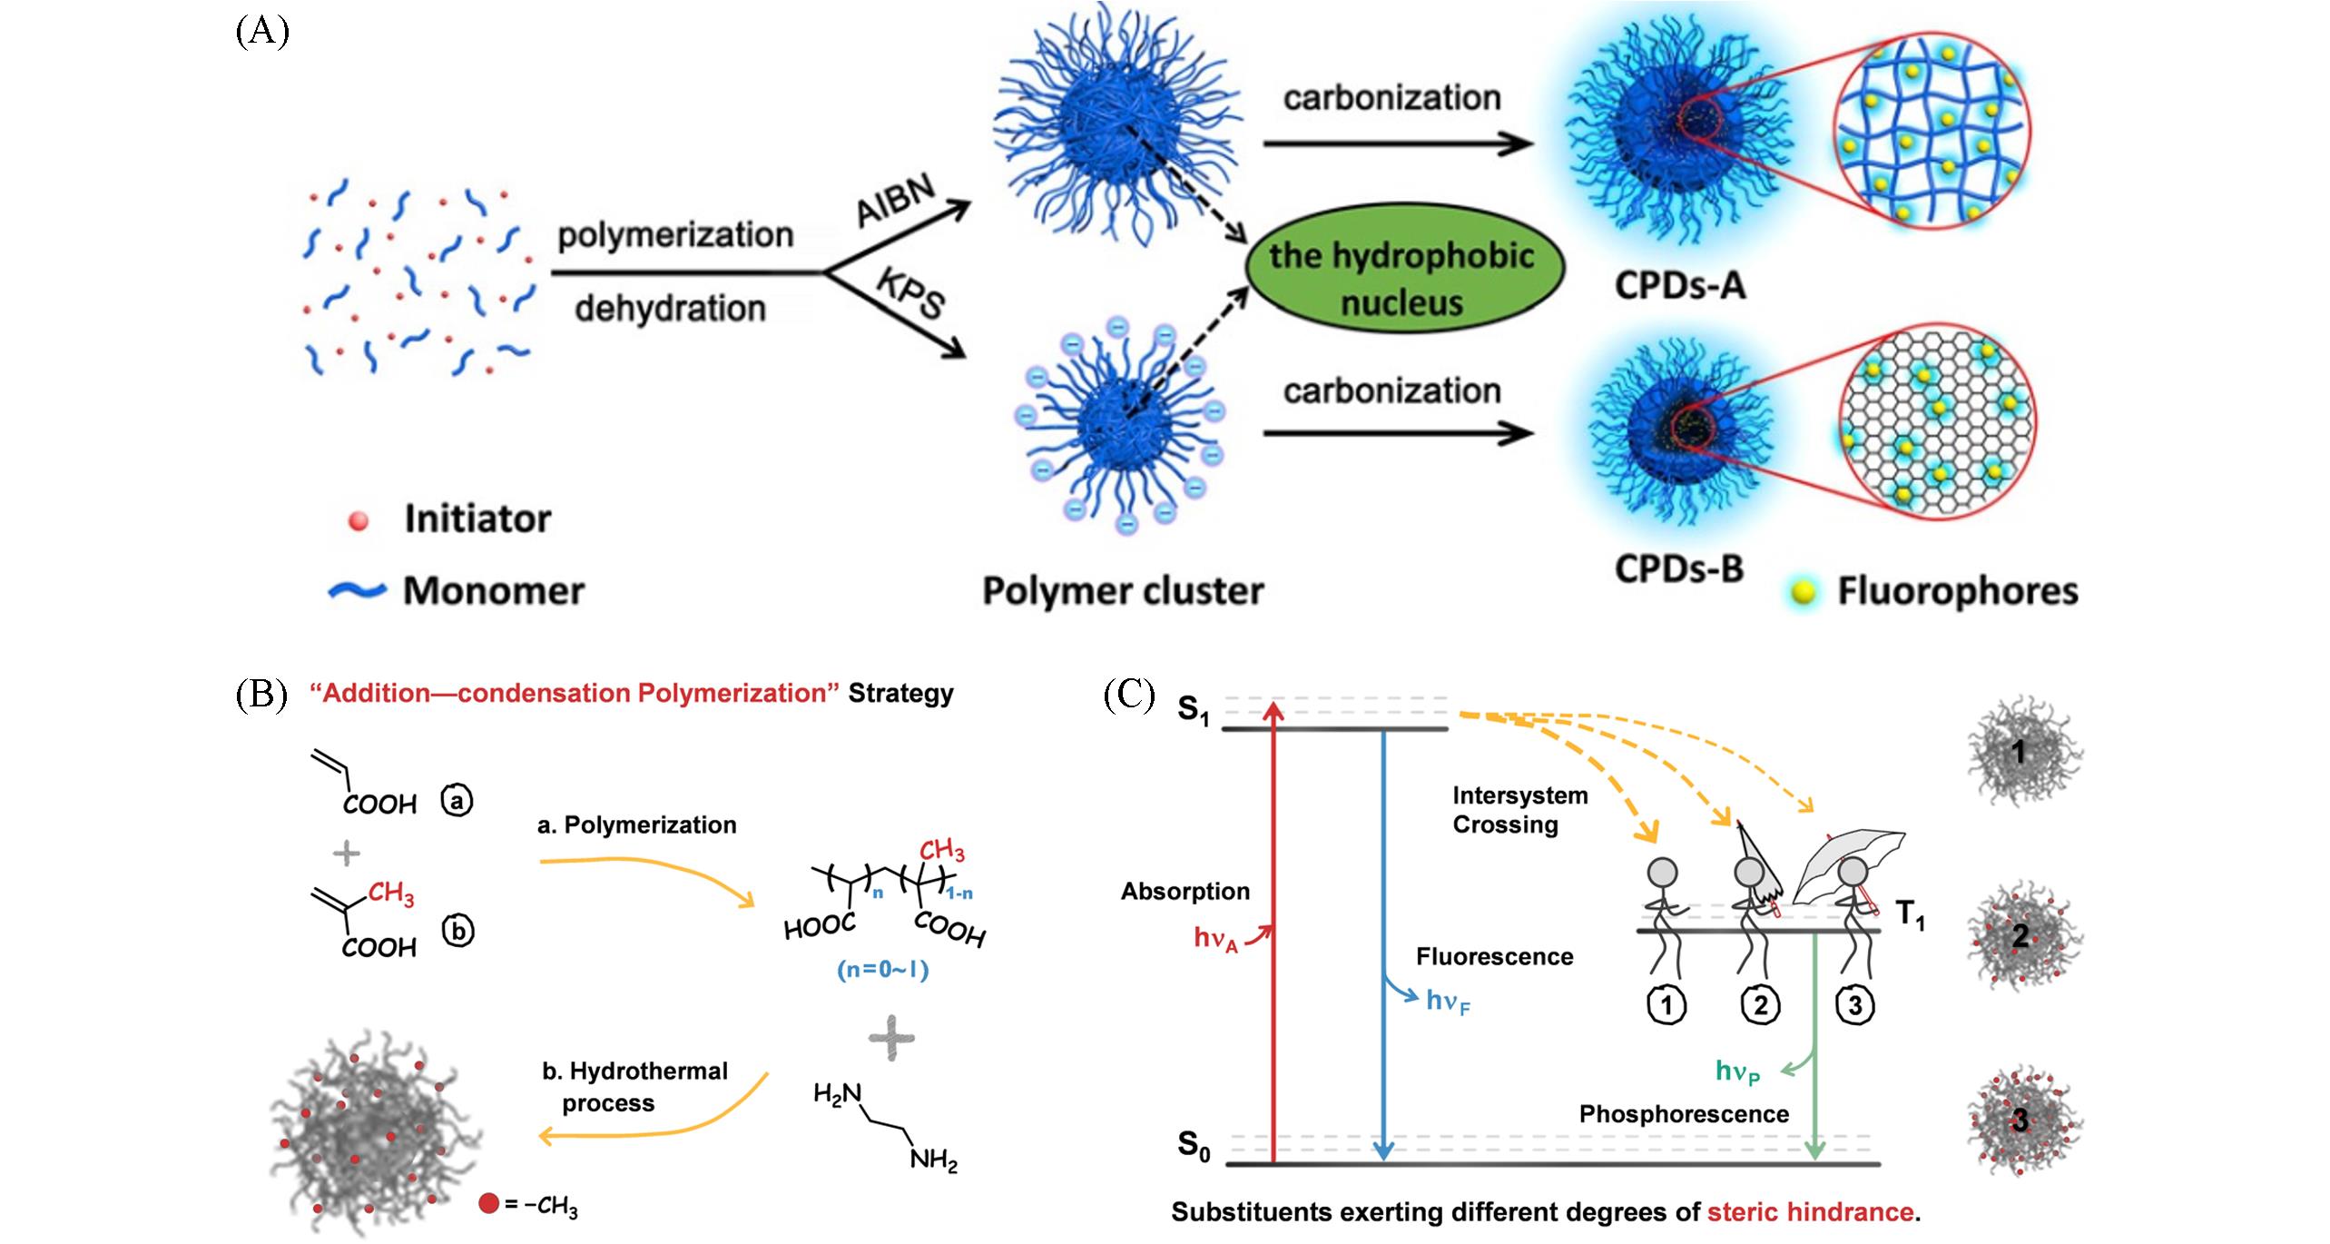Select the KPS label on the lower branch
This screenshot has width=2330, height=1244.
tap(910, 292)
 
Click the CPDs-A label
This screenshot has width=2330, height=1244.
tap(1680, 286)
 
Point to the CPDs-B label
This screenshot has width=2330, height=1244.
tap(1679, 568)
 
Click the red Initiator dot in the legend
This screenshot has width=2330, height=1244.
tap(359, 520)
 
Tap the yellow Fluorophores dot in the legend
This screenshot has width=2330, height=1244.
tap(1804, 592)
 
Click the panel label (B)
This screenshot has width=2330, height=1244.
tap(261, 695)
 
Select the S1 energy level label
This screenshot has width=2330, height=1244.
tap(1193, 709)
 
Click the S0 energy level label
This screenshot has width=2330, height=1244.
tap(1193, 1145)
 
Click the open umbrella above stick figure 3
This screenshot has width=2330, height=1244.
tap(1852, 857)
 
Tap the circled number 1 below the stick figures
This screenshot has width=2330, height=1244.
tap(1666, 1004)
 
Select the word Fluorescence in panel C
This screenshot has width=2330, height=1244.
tap(1494, 957)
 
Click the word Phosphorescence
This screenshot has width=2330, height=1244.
tap(1684, 1114)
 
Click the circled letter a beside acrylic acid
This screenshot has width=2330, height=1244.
tap(457, 801)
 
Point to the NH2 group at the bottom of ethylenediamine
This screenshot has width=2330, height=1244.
tap(934, 1160)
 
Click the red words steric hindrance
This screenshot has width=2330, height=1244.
tap(1810, 1212)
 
